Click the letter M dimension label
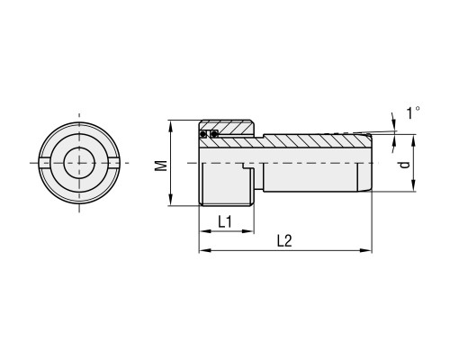(162, 166)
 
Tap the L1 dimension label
(225, 222)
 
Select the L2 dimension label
(284, 241)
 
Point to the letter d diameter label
(405, 165)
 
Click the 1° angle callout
(413, 112)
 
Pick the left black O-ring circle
(203, 134)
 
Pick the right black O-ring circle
(214, 134)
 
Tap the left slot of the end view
(44, 163)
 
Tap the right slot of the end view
(114, 163)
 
